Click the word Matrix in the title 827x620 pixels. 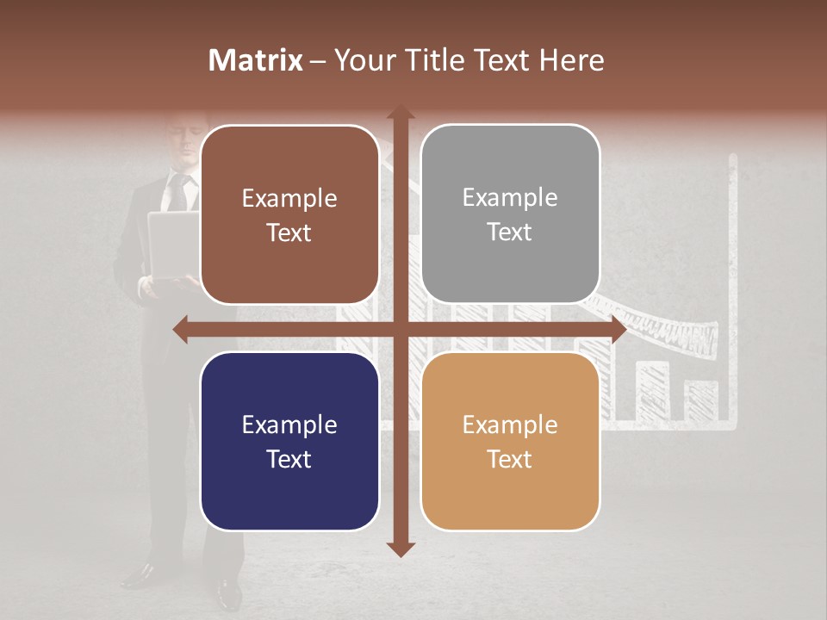coord(256,60)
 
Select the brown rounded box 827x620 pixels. coord(289,214)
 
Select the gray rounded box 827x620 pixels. coord(510,214)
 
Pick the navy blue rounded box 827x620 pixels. coord(289,442)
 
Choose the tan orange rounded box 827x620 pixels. coord(510,442)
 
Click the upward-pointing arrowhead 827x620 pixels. coord(400,113)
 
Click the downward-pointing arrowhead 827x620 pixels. coord(400,549)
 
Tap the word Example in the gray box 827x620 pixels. coord(510,198)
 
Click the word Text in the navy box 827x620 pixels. coord(289,459)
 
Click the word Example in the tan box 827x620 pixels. coord(510,425)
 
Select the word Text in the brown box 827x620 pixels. coord(289,232)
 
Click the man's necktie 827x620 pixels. coord(179,194)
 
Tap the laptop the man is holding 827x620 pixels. coord(172,245)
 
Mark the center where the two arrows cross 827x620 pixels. coord(400,330)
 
